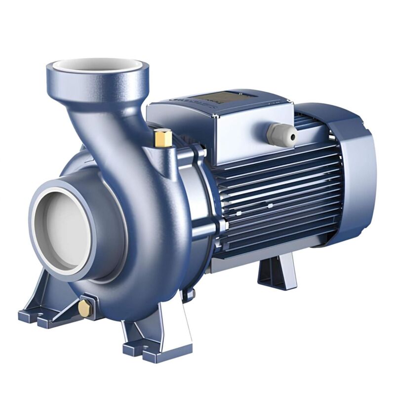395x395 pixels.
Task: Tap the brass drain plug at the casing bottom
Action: tap(85, 308)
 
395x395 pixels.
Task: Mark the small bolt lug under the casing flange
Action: tap(188, 295)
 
